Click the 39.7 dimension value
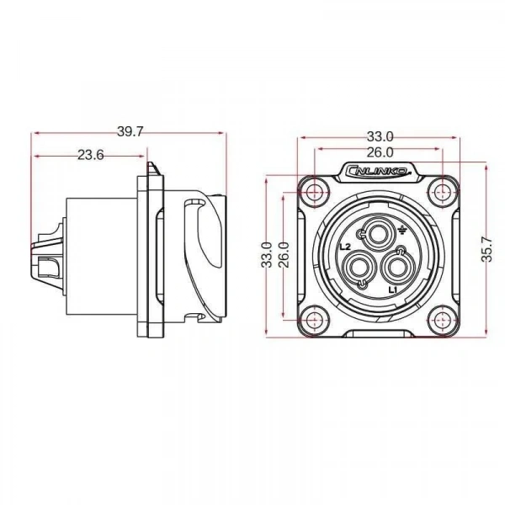pos(130,131)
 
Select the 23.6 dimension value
pos(91,155)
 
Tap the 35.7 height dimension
pos(486,249)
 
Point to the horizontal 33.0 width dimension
pos(380,137)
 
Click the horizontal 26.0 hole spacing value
pos(380,152)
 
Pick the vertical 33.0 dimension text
pos(267,255)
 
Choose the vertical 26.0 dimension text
pos(284,255)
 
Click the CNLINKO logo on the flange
pos(378,170)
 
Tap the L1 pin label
pos(393,290)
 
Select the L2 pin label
pos(345,247)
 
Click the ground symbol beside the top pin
pos(401,230)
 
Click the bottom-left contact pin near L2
pos(355,268)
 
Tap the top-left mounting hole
pos(313,193)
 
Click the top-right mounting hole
pos(444,193)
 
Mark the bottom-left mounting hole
pos(313,320)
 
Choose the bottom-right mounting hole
pos(444,320)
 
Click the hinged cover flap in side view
pos(203,258)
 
